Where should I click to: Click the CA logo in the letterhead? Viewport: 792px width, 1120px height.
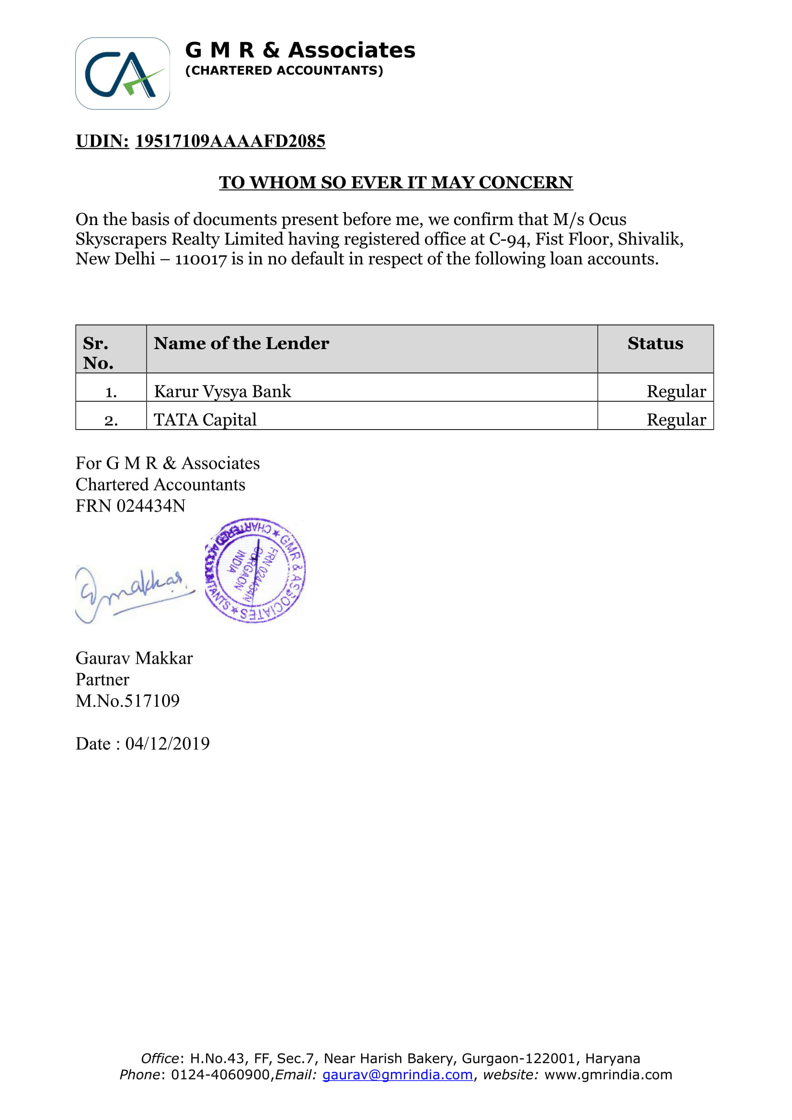click(x=123, y=74)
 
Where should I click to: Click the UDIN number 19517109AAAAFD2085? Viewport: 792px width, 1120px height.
click(x=230, y=141)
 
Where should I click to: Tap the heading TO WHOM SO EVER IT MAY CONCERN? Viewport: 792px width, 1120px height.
click(x=395, y=182)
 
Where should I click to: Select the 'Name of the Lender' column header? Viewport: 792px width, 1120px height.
click(x=241, y=343)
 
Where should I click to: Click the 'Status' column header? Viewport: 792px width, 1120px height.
click(x=655, y=343)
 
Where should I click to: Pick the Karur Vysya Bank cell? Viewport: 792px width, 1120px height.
click(x=222, y=392)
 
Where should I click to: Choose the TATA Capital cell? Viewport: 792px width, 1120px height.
click(x=205, y=420)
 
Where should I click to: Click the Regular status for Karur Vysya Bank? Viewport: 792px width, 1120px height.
click(x=676, y=392)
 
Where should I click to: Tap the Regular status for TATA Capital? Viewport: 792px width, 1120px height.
click(x=676, y=420)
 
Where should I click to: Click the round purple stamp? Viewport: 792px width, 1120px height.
click(x=255, y=570)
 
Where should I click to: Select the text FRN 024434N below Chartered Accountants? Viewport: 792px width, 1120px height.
click(x=130, y=506)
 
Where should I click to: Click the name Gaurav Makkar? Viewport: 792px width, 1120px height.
click(x=134, y=658)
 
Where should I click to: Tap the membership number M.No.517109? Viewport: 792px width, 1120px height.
click(x=128, y=701)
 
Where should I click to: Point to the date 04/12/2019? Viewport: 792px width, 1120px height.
click(x=167, y=744)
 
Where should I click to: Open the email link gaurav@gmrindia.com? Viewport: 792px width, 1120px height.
click(x=398, y=1075)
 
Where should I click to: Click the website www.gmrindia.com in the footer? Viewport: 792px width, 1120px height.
click(x=608, y=1075)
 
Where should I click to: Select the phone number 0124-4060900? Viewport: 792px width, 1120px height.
click(x=220, y=1075)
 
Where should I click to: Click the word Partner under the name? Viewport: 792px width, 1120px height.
click(x=103, y=680)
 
